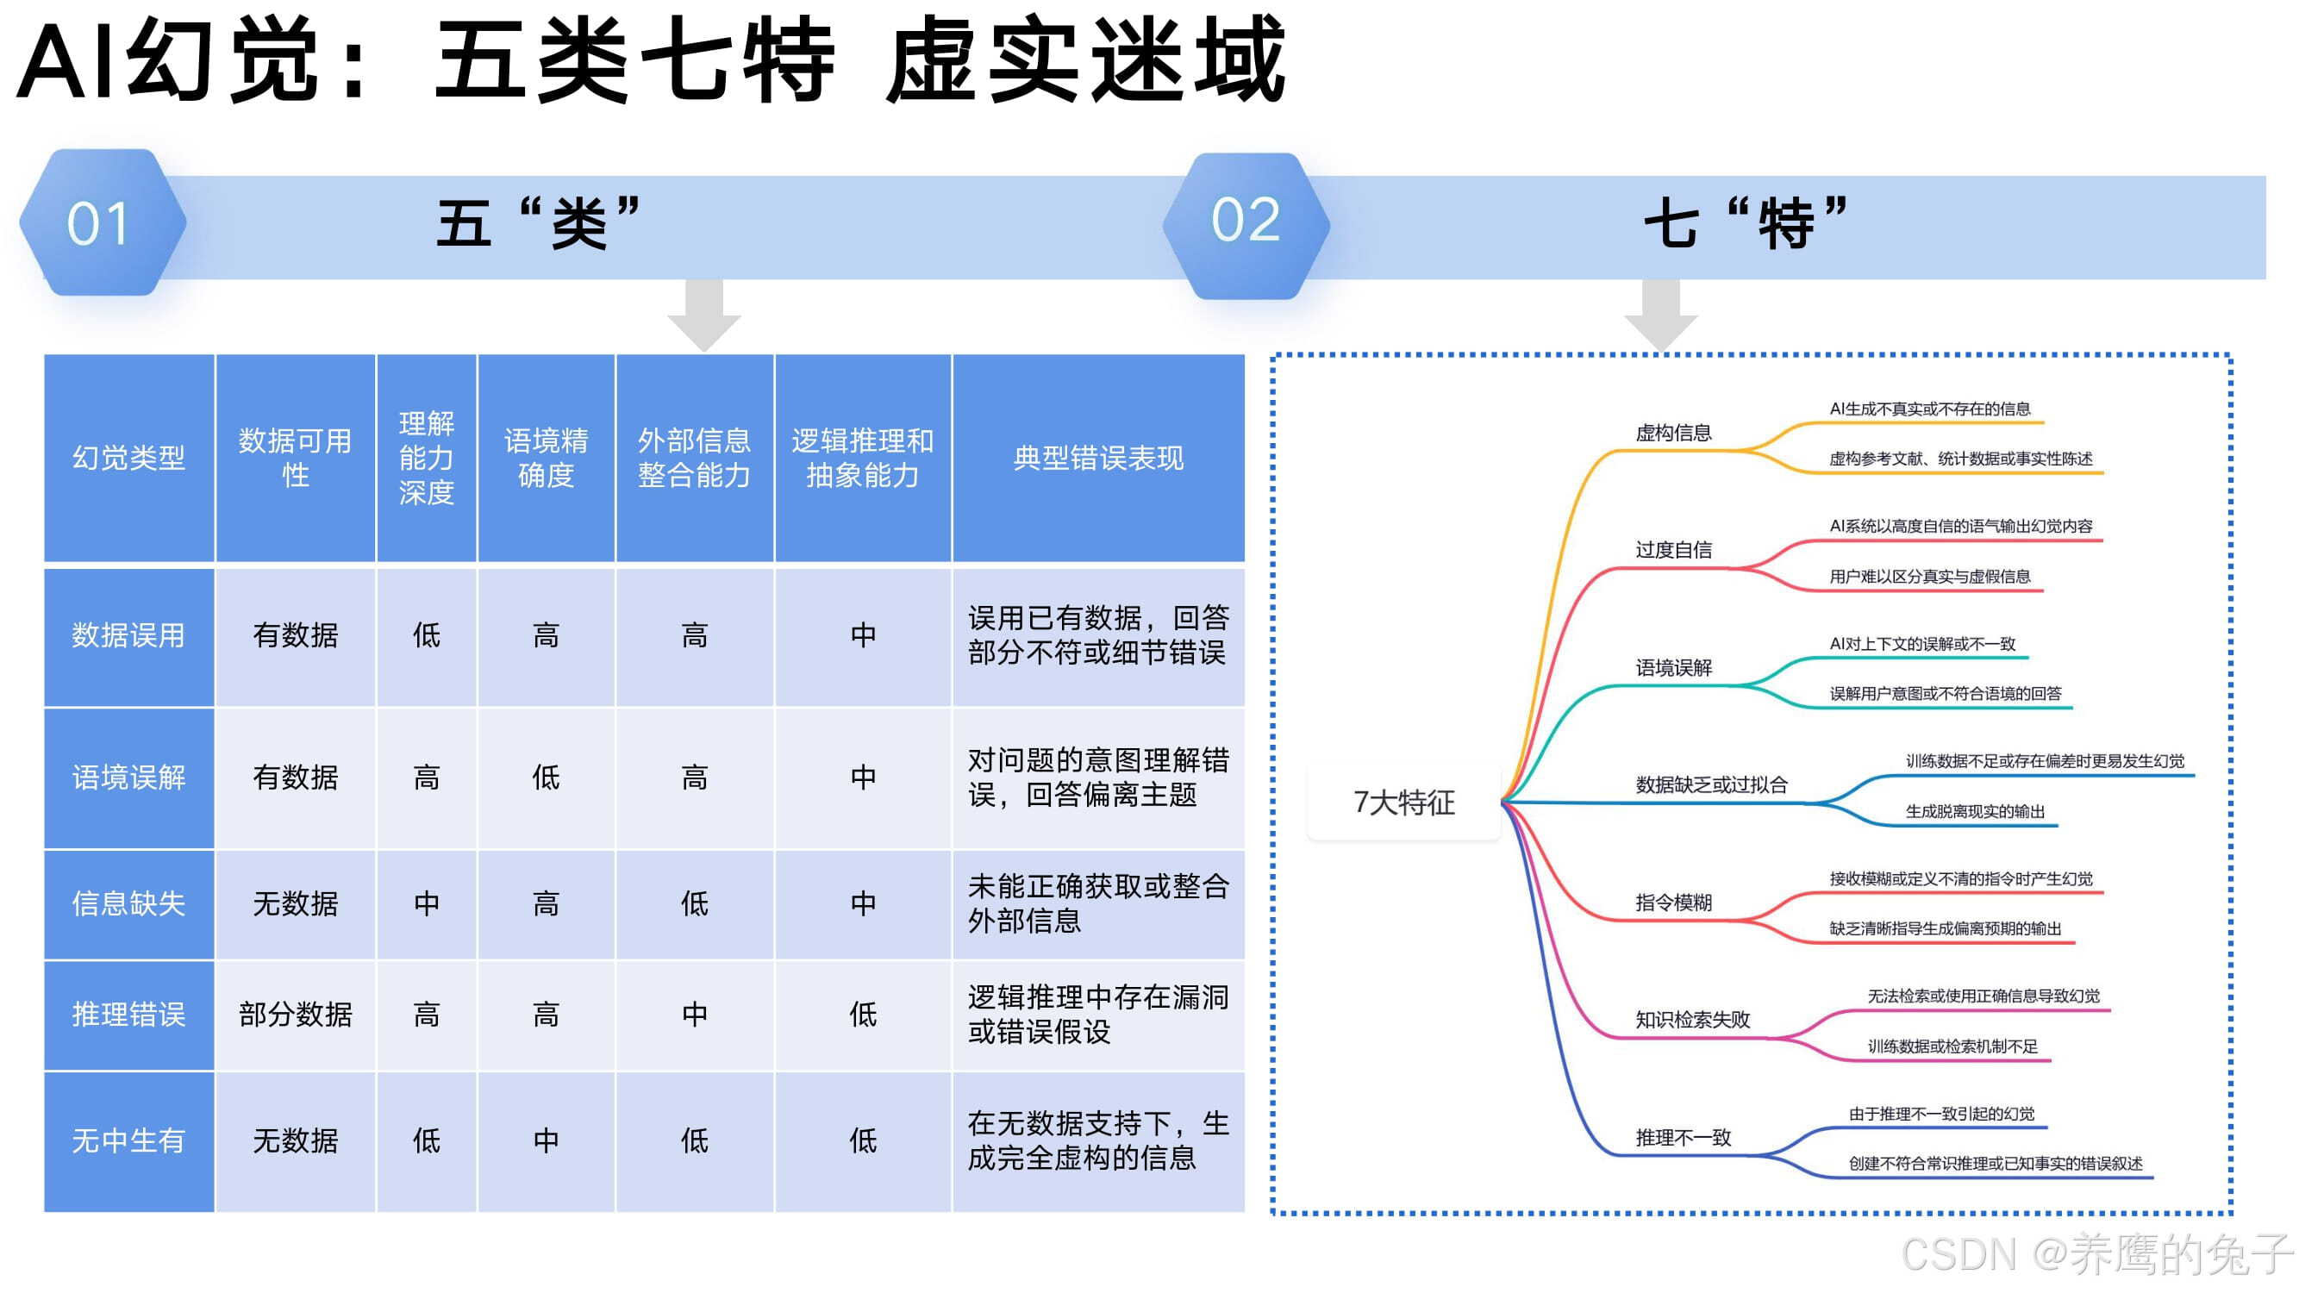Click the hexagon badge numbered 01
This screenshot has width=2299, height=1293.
click(x=101, y=223)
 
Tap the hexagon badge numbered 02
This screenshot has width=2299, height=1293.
click(x=1246, y=223)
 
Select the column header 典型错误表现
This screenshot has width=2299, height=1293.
click(x=1097, y=458)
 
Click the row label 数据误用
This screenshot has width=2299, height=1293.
click(x=128, y=635)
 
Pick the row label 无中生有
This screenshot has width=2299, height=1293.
click(x=128, y=1140)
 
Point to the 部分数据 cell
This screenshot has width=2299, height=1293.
click(x=296, y=1015)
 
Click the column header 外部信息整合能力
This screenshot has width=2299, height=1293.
click(x=694, y=458)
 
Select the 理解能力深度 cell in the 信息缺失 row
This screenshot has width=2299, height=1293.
click(x=427, y=904)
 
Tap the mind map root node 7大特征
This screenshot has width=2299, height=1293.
click(x=1404, y=803)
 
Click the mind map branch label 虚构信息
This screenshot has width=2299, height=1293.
click(x=1673, y=434)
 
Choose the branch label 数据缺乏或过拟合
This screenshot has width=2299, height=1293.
click(x=1712, y=785)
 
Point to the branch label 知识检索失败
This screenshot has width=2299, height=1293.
click(x=1693, y=1020)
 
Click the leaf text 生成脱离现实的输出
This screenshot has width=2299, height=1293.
click(x=1975, y=812)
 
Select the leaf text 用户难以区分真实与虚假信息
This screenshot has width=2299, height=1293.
click(x=1929, y=578)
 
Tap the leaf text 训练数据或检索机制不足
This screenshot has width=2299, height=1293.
click(x=1952, y=1046)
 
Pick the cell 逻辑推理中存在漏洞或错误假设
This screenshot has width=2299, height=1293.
click(x=1097, y=1015)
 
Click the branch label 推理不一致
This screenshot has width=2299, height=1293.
click(x=1684, y=1138)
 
